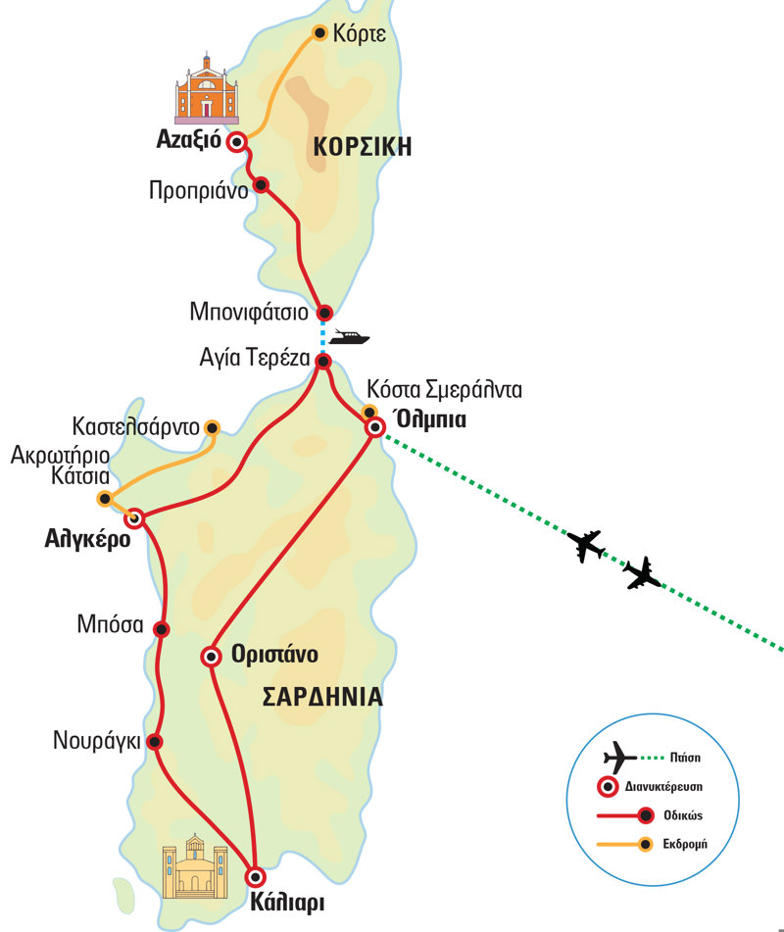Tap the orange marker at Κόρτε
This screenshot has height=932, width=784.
pyautogui.click(x=319, y=33)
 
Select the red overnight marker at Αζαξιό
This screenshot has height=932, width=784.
pyautogui.click(x=235, y=142)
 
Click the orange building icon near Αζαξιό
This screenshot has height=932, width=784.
pyautogui.click(x=207, y=90)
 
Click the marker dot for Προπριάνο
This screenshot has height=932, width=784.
pyautogui.click(x=261, y=184)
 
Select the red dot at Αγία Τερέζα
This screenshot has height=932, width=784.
pyautogui.click(x=324, y=362)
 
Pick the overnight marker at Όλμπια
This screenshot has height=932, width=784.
pyautogui.click(x=373, y=427)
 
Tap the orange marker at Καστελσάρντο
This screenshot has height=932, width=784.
pyautogui.click(x=211, y=427)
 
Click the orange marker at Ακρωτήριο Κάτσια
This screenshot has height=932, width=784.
pyautogui.click(x=105, y=499)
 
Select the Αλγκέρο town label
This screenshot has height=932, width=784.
pyautogui.click(x=87, y=538)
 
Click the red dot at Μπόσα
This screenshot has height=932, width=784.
pyautogui.click(x=162, y=629)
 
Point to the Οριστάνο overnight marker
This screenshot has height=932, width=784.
pyautogui.click(x=210, y=657)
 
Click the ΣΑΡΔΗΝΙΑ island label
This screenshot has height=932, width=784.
pyautogui.click(x=321, y=698)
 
